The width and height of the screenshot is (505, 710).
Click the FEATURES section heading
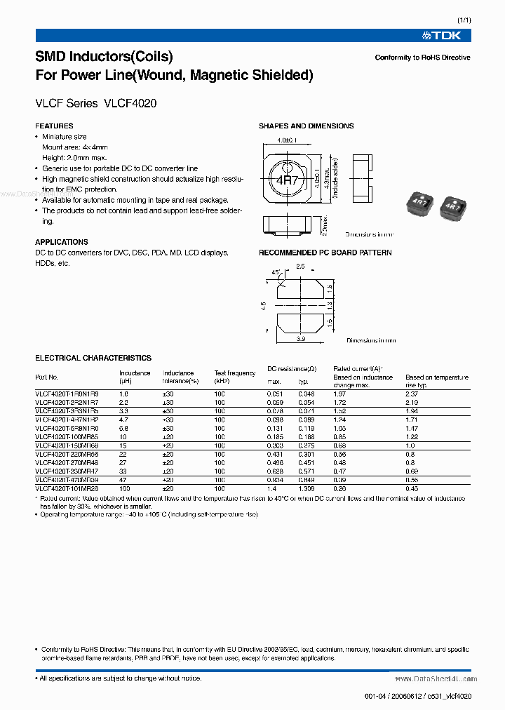tap(54, 126)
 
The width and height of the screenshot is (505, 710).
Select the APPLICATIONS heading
tap(62, 242)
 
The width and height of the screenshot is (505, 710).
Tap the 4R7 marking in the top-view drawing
tap(287, 180)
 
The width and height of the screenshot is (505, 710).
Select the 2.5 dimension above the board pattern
tap(300, 267)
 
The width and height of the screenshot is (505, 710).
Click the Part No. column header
tap(47, 377)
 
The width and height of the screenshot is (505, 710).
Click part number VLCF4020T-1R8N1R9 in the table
tap(67, 394)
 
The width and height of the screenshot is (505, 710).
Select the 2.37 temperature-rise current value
tap(412, 394)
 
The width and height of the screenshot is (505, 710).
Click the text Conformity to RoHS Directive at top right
tap(422, 58)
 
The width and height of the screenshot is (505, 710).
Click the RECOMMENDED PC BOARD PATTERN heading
tap(325, 253)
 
